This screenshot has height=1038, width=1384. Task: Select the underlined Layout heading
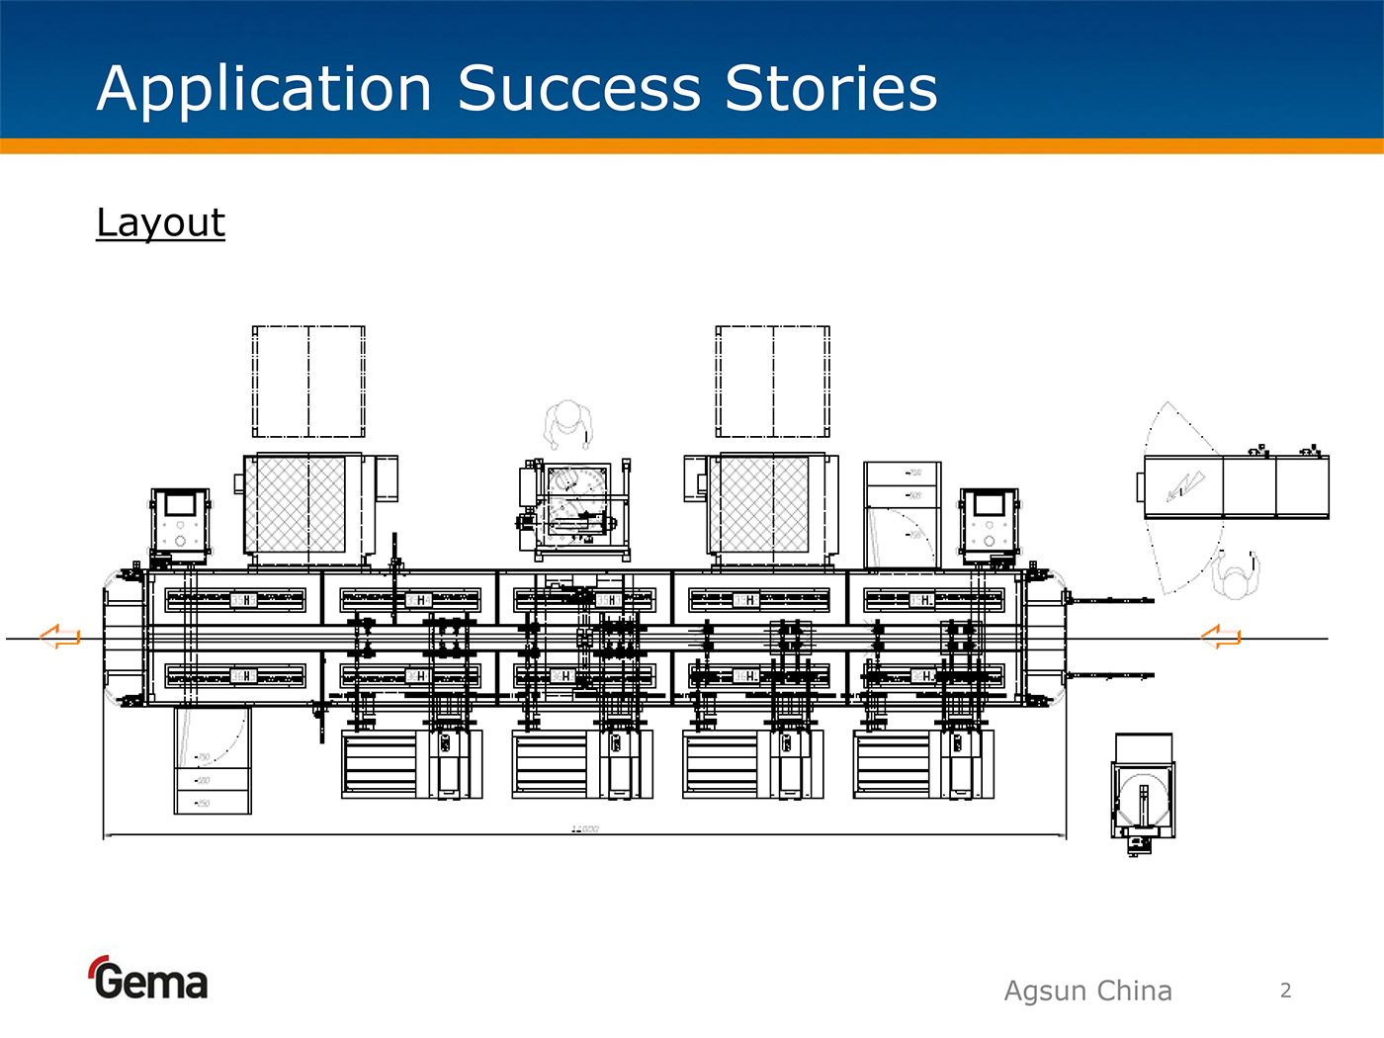(160, 222)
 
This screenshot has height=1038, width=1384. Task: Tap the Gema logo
(148, 979)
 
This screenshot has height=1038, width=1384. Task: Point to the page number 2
(1285, 991)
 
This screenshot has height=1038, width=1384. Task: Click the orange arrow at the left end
(60, 637)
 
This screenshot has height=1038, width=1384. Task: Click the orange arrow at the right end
(1221, 637)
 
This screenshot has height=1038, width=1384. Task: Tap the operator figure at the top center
(568, 423)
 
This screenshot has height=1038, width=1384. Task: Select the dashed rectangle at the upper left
(308, 382)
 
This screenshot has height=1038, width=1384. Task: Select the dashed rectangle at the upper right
(772, 382)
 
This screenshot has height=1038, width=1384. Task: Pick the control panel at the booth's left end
(180, 523)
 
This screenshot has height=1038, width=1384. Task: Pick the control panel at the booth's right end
(989, 523)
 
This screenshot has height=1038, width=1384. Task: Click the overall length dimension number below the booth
(584, 828)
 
